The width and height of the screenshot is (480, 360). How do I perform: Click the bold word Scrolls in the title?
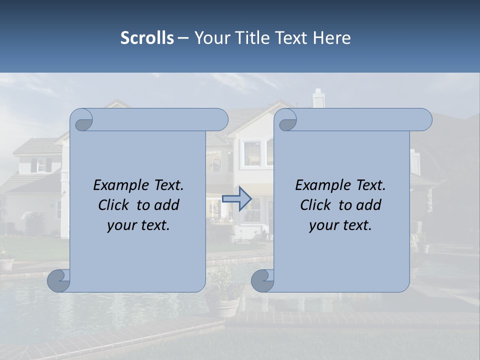pos(147,38)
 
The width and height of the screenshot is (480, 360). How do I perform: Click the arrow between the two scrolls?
pos(236,198)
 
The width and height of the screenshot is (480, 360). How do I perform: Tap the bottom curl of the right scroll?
pos(263,280)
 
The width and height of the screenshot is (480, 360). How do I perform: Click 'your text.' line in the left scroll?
pos(138,225)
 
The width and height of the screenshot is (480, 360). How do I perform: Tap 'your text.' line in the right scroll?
pos(340,225)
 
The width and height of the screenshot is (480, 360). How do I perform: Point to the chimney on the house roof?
pos(318,98)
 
